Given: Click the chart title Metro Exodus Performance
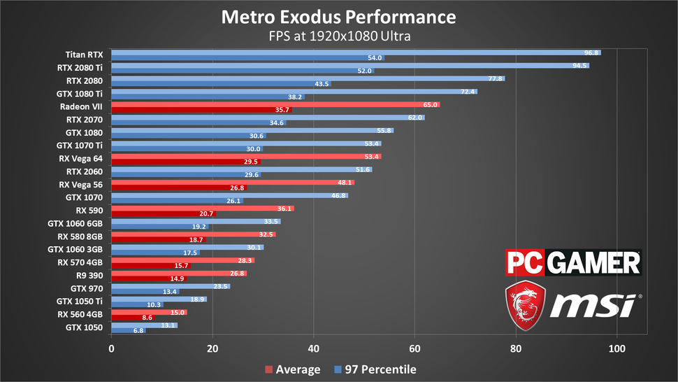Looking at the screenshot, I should (338, 17).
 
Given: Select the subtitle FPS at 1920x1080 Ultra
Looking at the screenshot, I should (338, 36).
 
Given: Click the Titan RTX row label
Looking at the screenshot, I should (84, 54).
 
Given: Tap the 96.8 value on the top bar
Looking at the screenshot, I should (591, 52).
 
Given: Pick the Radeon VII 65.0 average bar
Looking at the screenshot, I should (275, 105).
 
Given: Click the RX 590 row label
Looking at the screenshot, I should (89, 210).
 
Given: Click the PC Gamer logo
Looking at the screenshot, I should (573, 263).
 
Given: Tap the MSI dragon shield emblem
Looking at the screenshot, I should (526, 305).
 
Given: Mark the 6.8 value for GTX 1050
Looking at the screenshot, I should (137, 330).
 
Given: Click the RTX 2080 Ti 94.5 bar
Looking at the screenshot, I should (349, 66).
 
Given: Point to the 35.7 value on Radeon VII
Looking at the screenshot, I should (282, 110).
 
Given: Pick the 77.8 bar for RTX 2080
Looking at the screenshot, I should (308, 79).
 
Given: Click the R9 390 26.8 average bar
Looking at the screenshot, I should (178, 273).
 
